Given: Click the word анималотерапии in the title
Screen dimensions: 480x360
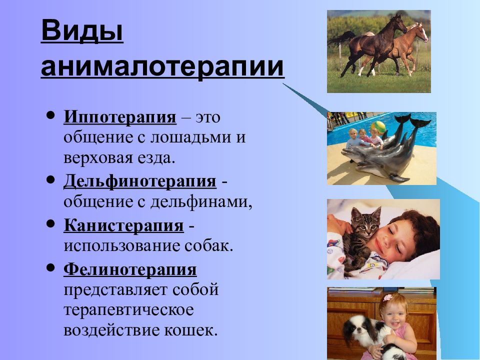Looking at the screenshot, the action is tap(162, 67).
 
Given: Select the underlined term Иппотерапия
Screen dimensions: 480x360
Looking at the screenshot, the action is tap(120, 117).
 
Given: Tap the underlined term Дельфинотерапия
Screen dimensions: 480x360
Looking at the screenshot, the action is tap(140, 181).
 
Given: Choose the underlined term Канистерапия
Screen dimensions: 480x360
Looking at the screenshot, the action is tap(123, 225).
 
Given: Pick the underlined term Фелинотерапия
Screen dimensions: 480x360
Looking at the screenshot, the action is tap(130, 269).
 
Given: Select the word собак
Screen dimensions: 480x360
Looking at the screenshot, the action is tap(208, 246).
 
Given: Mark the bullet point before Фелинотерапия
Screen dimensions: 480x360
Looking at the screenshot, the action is tap(50, 268).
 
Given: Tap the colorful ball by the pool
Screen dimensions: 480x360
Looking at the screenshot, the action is tap(378, 127).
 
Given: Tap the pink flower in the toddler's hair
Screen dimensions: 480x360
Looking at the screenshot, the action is tap(387, 297).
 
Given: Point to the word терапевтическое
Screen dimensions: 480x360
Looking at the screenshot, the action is tap(128, 310).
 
